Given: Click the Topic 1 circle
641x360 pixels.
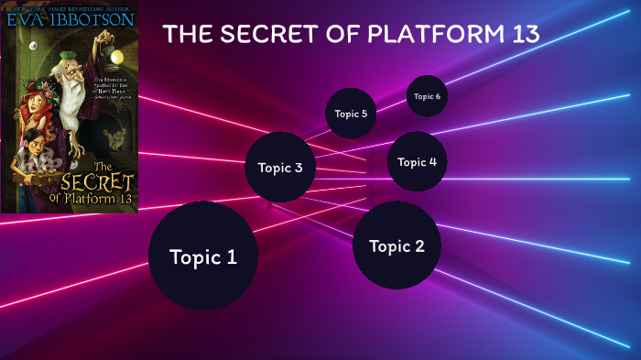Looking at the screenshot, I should [x=202, y=256].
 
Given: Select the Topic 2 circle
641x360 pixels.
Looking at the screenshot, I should [x=397, y=245].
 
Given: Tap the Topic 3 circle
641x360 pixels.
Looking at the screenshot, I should [x=280, y=167].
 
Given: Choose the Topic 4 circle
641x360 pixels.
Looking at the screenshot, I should [x=418, y=162].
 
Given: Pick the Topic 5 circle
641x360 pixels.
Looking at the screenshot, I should [x=351, y=114].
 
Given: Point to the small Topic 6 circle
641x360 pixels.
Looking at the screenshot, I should [x=427, y=96].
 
